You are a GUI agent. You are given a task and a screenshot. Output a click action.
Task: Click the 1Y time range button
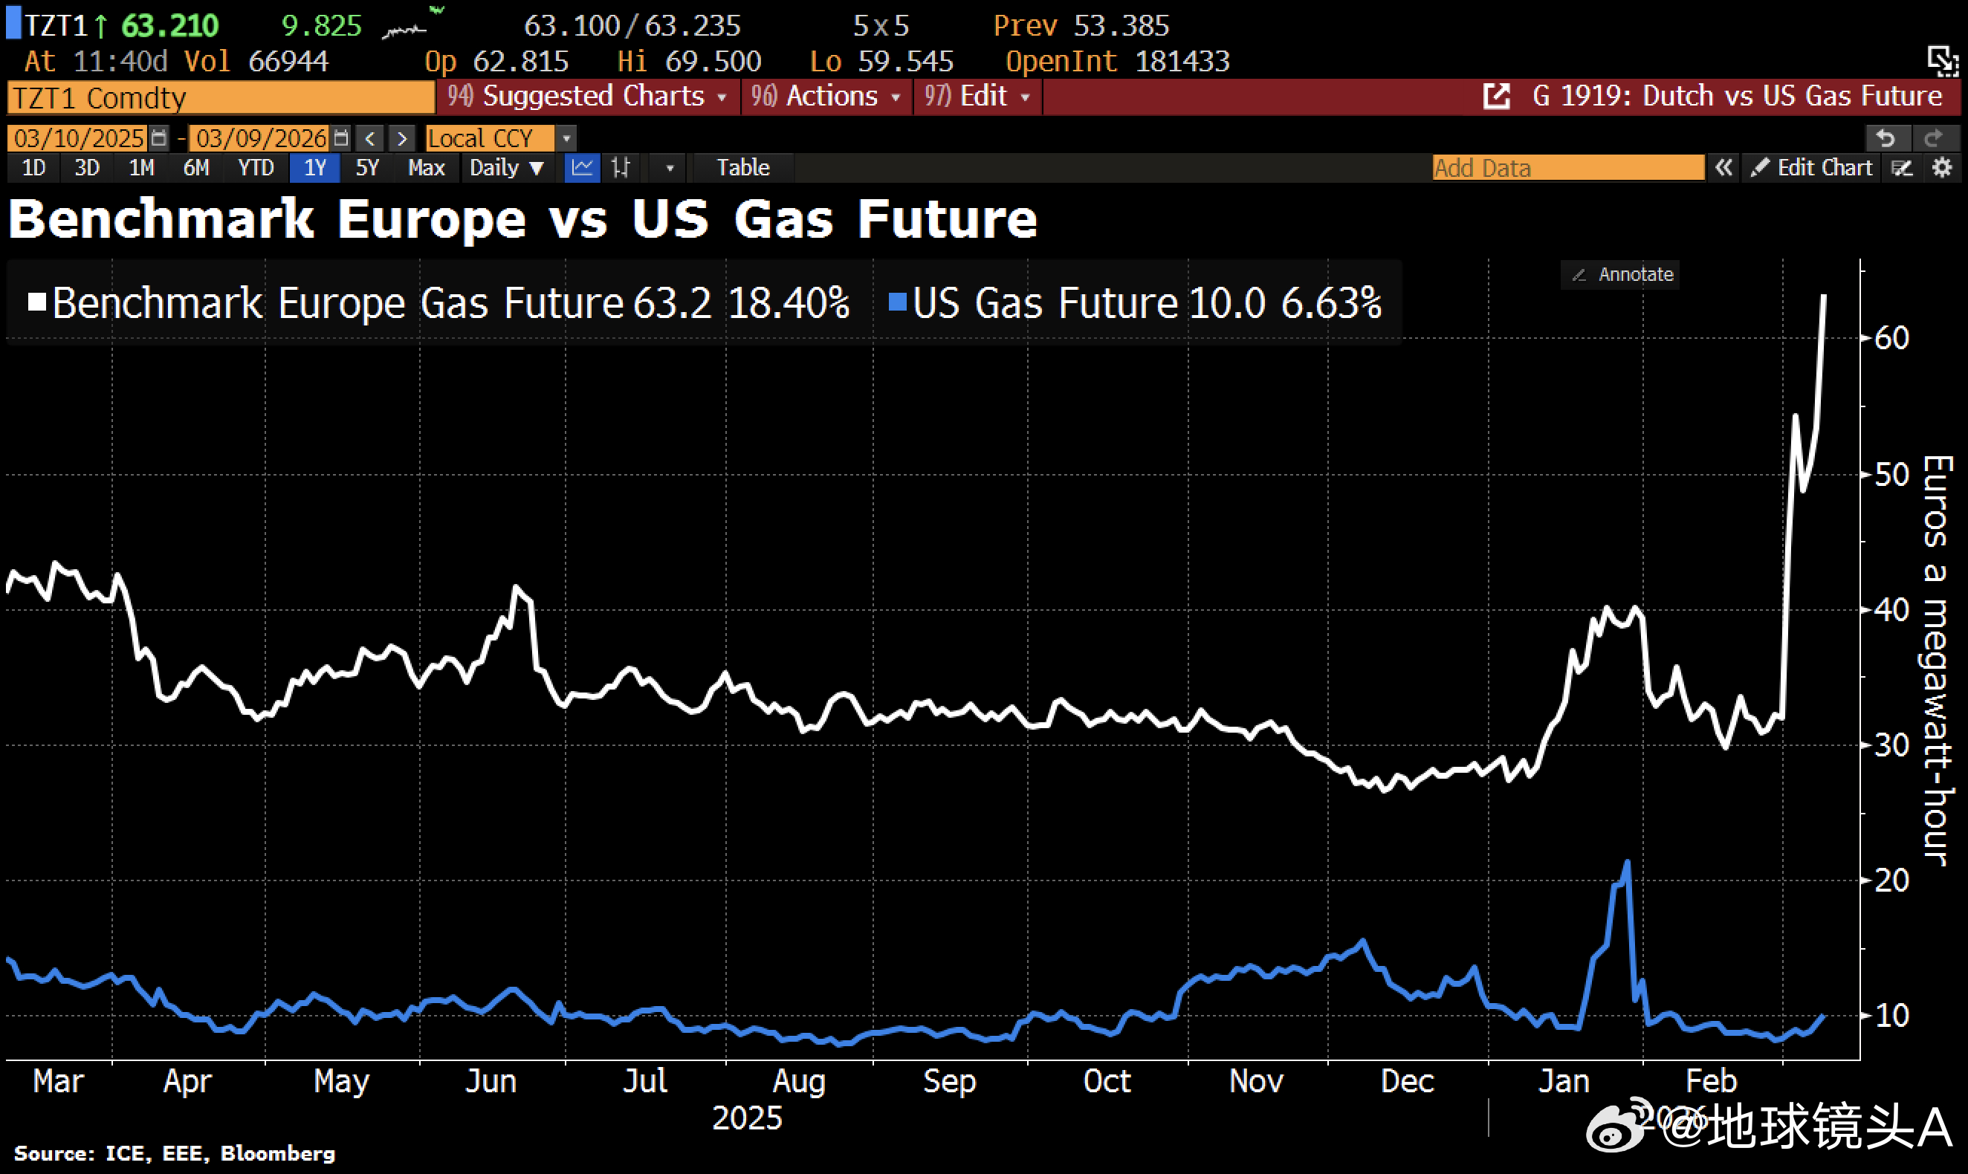[315, 168]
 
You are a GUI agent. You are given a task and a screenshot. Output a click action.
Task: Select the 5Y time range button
[367, 168]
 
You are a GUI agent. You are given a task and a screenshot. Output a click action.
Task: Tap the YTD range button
[256, 168]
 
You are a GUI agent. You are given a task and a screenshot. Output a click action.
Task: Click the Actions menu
[826, 97]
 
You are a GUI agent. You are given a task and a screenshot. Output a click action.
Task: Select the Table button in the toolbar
[743, 168]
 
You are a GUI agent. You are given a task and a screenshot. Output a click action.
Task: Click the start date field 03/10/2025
[78, 138]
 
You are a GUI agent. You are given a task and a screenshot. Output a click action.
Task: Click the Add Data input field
[1567, 168]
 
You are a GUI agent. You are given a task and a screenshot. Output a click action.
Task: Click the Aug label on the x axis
[799, 1080]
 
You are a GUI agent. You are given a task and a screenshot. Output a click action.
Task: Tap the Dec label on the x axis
[1407, 1080]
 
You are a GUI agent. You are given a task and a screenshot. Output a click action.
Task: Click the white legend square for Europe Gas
[36, 302]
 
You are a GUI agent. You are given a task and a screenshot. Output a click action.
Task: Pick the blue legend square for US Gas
[897, 302]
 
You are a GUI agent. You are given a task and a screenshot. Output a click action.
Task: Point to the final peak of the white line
[1824, 296]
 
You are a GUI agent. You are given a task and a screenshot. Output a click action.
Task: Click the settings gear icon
[1942, 168]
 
